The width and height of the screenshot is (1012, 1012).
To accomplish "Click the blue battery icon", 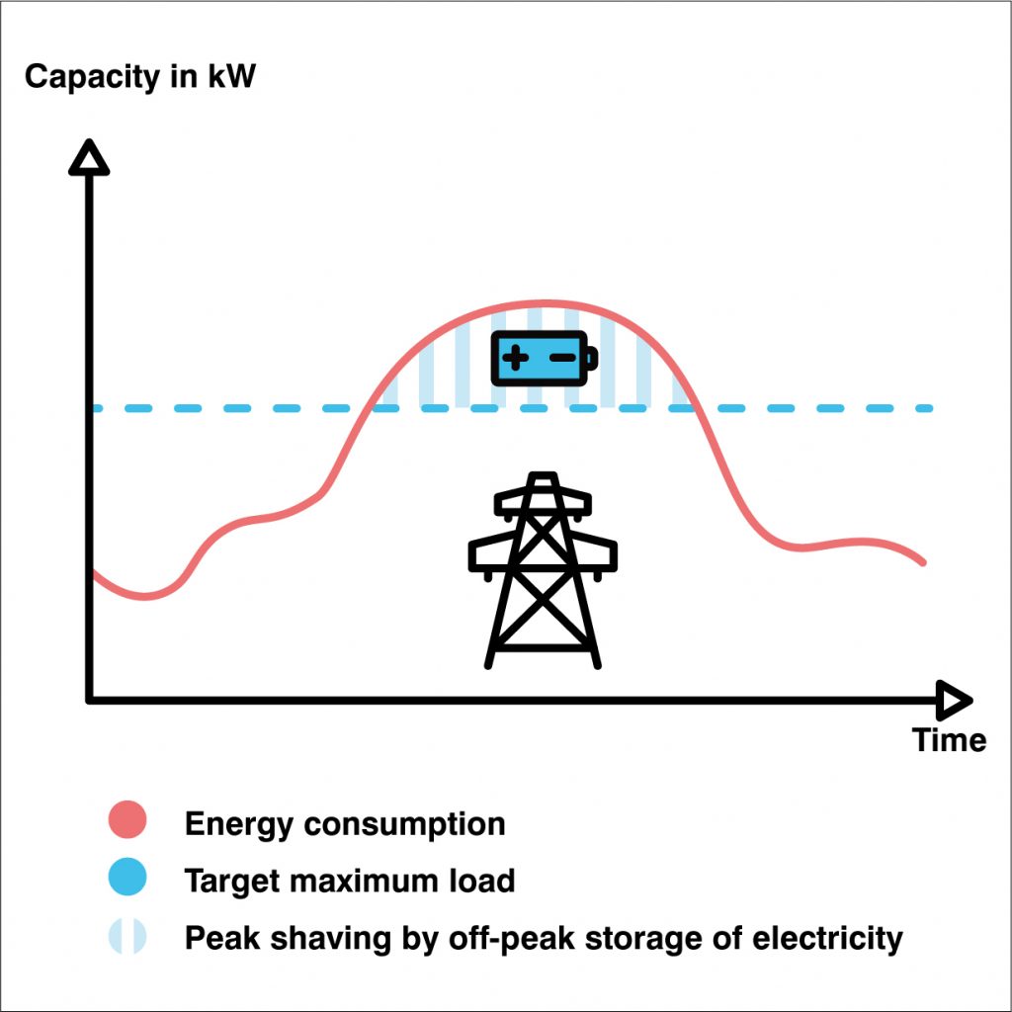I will (545, 358).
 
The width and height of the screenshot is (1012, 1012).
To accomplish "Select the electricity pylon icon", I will (543, 569).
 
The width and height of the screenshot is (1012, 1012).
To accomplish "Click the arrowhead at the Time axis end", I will (953, 701).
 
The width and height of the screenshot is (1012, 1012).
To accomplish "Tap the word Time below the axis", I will (949, 739).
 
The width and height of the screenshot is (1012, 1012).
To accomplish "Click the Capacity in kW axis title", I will (140, 76).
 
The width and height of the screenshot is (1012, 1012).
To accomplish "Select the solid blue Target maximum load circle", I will (127, 878).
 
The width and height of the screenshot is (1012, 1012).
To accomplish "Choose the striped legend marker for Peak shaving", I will (127, 935).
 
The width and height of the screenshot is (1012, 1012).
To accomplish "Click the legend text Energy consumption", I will (345, 823).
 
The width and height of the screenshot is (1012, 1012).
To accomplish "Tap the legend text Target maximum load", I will (350, 880).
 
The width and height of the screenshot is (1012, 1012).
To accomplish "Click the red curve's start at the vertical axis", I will (94, 573).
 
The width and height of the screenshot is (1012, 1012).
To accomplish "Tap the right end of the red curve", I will (923, 561).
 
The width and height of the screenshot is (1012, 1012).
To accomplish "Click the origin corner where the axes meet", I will (90, 700).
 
